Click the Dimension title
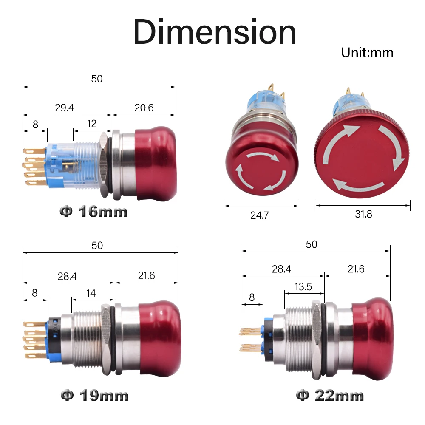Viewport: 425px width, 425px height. click(215, 32)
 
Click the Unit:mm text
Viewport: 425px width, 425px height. click(367, 53)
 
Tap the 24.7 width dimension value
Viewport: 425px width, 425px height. click(259, 215)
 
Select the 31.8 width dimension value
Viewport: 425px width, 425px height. click(363, 214)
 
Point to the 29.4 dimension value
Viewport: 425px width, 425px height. click(64, 108)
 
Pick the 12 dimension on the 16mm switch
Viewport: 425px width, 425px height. click(92, 124)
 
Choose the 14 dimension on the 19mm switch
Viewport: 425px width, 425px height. click(91, 293)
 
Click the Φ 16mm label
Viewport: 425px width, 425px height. click(93, 211)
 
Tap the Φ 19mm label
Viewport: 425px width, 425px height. click(94, 396)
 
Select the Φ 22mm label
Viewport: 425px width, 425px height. click(330, 396)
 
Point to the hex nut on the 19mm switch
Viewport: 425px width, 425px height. click(105, 340)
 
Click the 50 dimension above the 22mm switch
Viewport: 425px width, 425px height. click(312, 244)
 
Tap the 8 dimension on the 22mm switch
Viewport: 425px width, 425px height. click(252, 297)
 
